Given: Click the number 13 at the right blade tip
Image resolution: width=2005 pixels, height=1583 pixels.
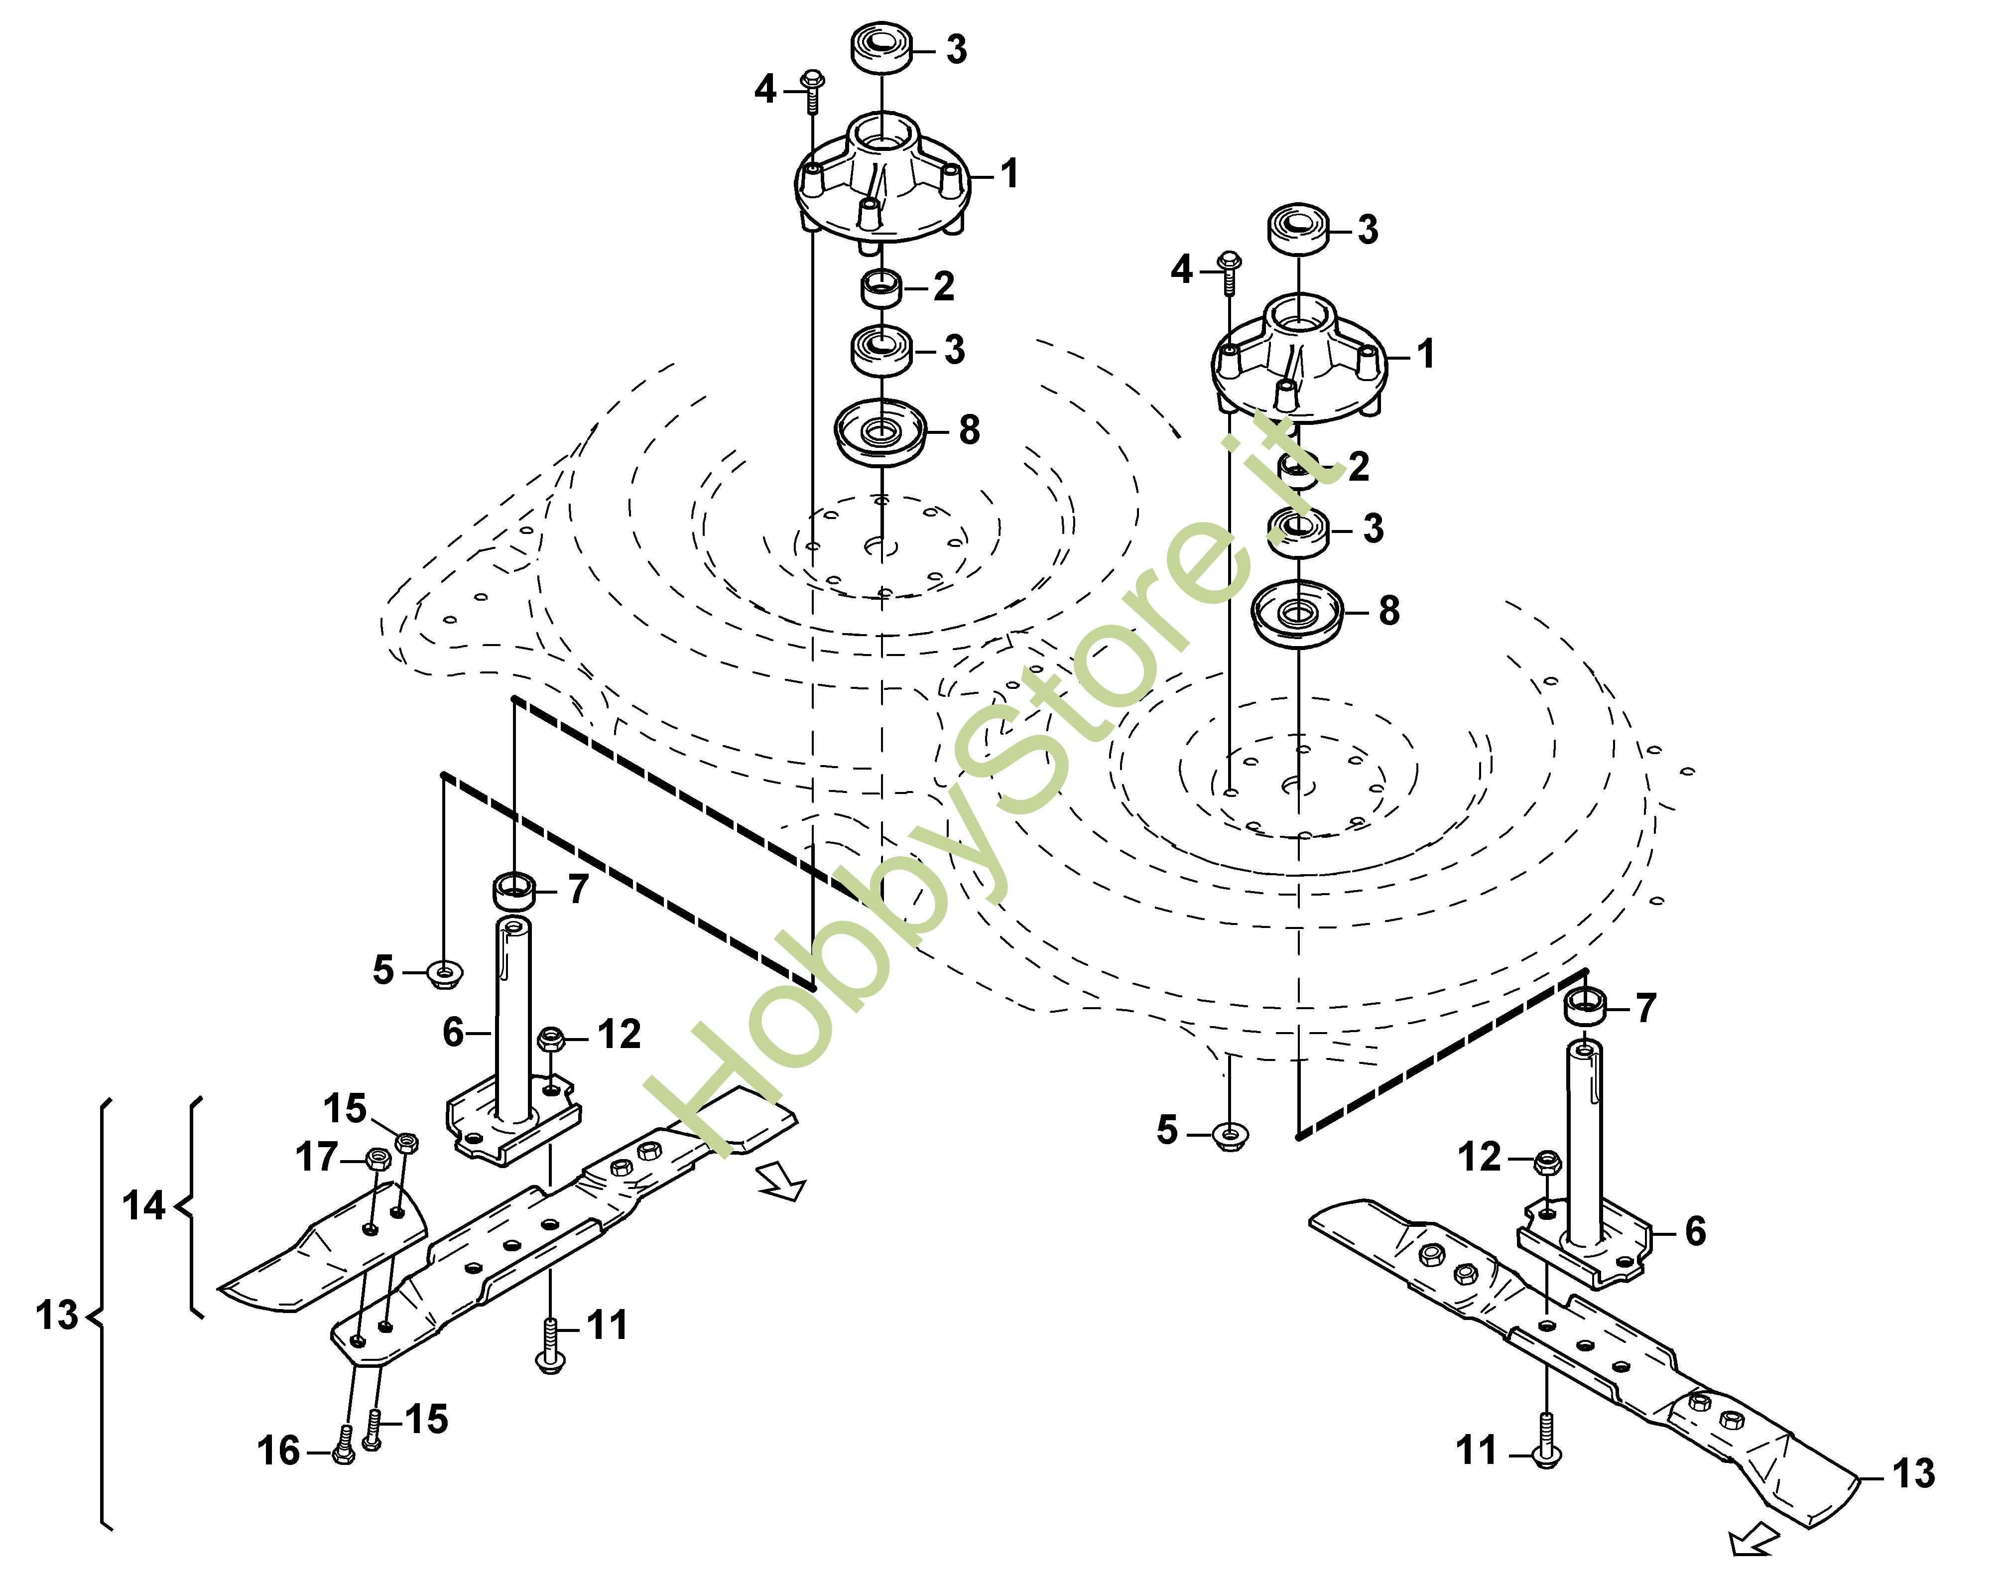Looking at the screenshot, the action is point(1913,1473).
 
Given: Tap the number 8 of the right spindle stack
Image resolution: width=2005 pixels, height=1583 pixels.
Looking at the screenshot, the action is point(1389,611).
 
